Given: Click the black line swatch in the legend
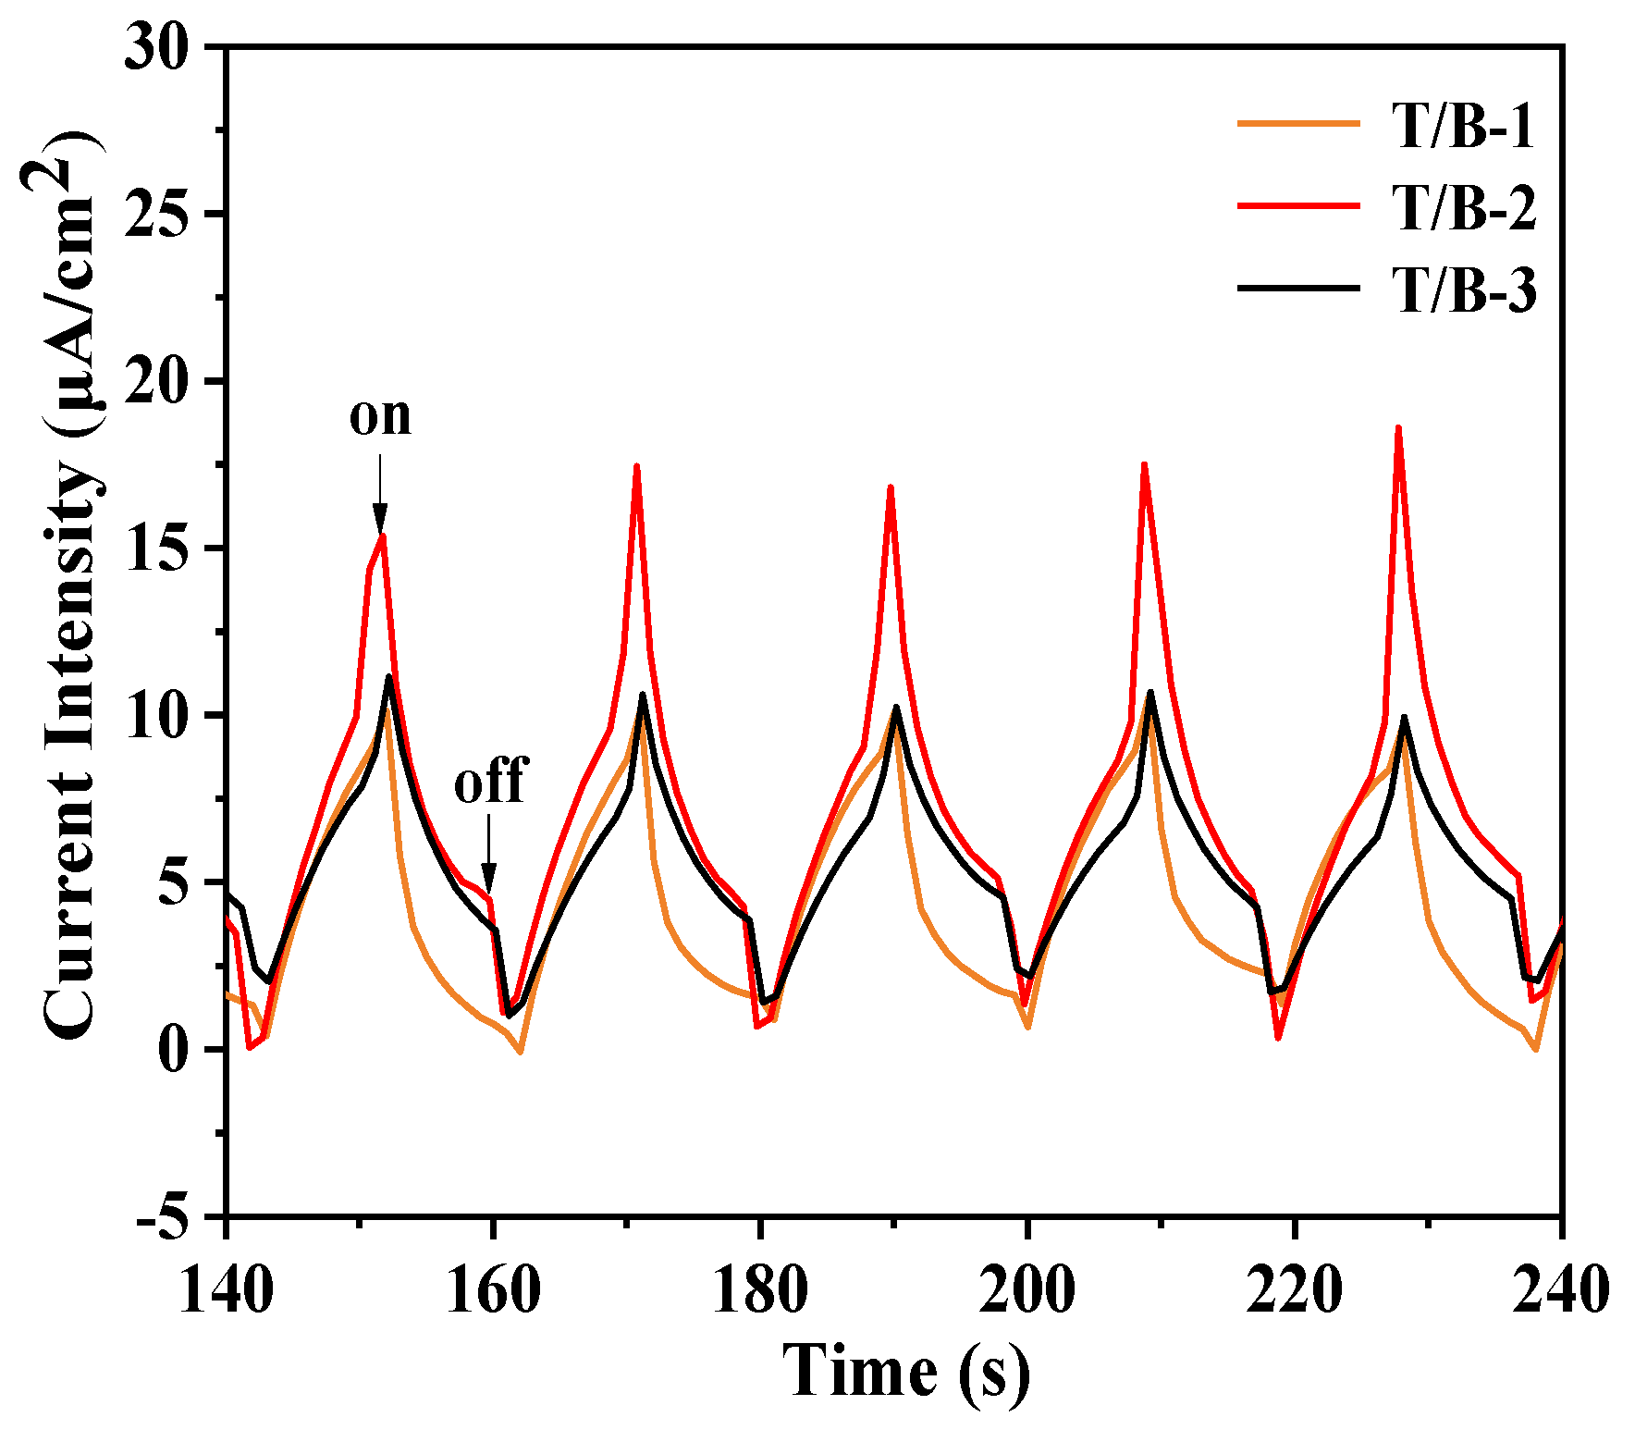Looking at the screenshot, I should pyautogui.click(x=1298, y=289).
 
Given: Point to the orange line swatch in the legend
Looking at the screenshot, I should pyautogui.click(x=1298, y=123).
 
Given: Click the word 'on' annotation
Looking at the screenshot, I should pyautogui.click(x=380, y=415).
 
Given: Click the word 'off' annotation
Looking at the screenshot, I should pyautogui.click(x=490, y=782).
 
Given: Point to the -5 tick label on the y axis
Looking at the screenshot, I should pyautogui.click(x=169, y=1215).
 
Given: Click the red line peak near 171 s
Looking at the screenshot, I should pyautogui.click(x=636, y=467).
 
